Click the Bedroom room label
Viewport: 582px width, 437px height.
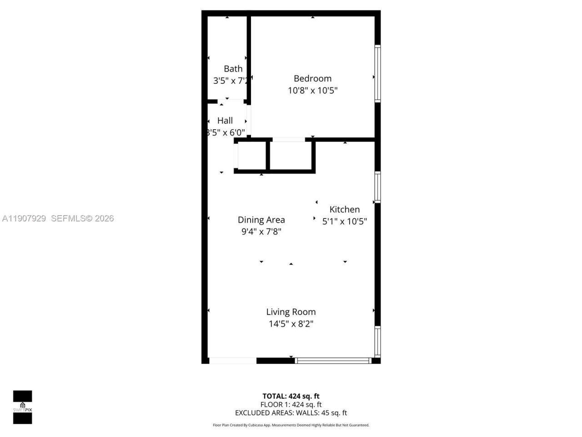pos(312,78)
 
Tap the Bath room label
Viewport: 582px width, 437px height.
pos(233,69)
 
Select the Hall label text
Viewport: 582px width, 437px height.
pos(225,121)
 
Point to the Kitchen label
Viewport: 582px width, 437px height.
pos(344,209)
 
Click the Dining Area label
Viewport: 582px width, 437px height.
pos(261,220)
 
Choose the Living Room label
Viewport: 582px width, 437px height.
pos(291,312)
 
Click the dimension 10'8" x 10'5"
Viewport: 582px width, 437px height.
pos(312,90)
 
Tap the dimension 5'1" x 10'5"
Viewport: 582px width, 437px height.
pos(344,222)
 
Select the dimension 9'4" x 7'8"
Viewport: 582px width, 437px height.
pos(261,232)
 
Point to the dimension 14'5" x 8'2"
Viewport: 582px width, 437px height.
pos(291,324)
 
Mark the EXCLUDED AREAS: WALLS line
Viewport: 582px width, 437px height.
pos(291,413)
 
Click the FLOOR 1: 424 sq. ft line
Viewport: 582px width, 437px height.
pos(291,404)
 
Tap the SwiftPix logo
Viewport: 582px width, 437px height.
pos(22,407)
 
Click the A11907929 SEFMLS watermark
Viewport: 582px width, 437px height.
pos(58,218)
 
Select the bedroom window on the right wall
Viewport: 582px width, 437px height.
pos(377,73)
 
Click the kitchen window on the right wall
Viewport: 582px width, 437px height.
pos(377,187)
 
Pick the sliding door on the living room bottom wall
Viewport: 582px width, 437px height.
pos(333,361)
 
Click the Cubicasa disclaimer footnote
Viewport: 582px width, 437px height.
pos(291,425)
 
